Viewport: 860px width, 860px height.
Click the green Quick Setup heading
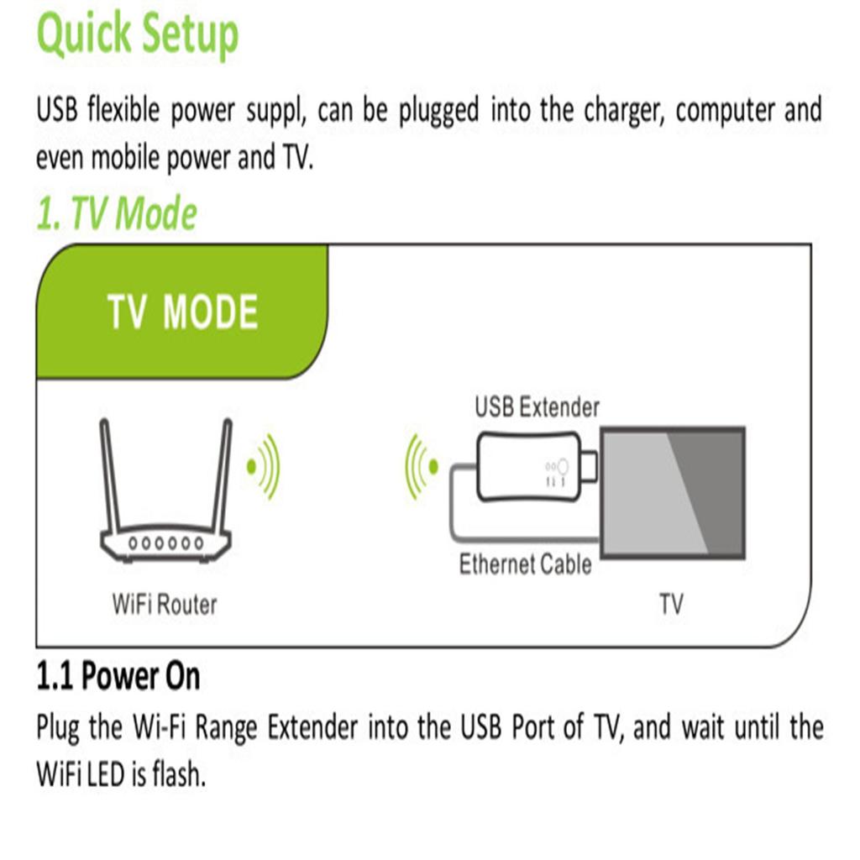click(138, 34)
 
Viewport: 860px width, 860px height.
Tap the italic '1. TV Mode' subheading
click(116, 212)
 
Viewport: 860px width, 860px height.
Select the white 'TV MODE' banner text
click(182, 312)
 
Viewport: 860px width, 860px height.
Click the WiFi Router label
click(165, 605)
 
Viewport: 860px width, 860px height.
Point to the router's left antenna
click(109, 474)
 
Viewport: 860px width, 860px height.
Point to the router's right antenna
click(223, 474)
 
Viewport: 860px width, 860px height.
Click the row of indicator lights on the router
click(166, 543)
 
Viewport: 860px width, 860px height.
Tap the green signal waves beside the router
click(263, 467)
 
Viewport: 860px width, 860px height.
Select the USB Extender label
click(537, 407)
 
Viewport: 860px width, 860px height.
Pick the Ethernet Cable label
click(526, 564)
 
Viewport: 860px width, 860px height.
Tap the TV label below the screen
click(671, 605)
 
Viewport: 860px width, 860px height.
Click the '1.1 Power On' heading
click(118, 676)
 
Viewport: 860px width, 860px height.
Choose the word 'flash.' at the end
click(179, 774)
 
